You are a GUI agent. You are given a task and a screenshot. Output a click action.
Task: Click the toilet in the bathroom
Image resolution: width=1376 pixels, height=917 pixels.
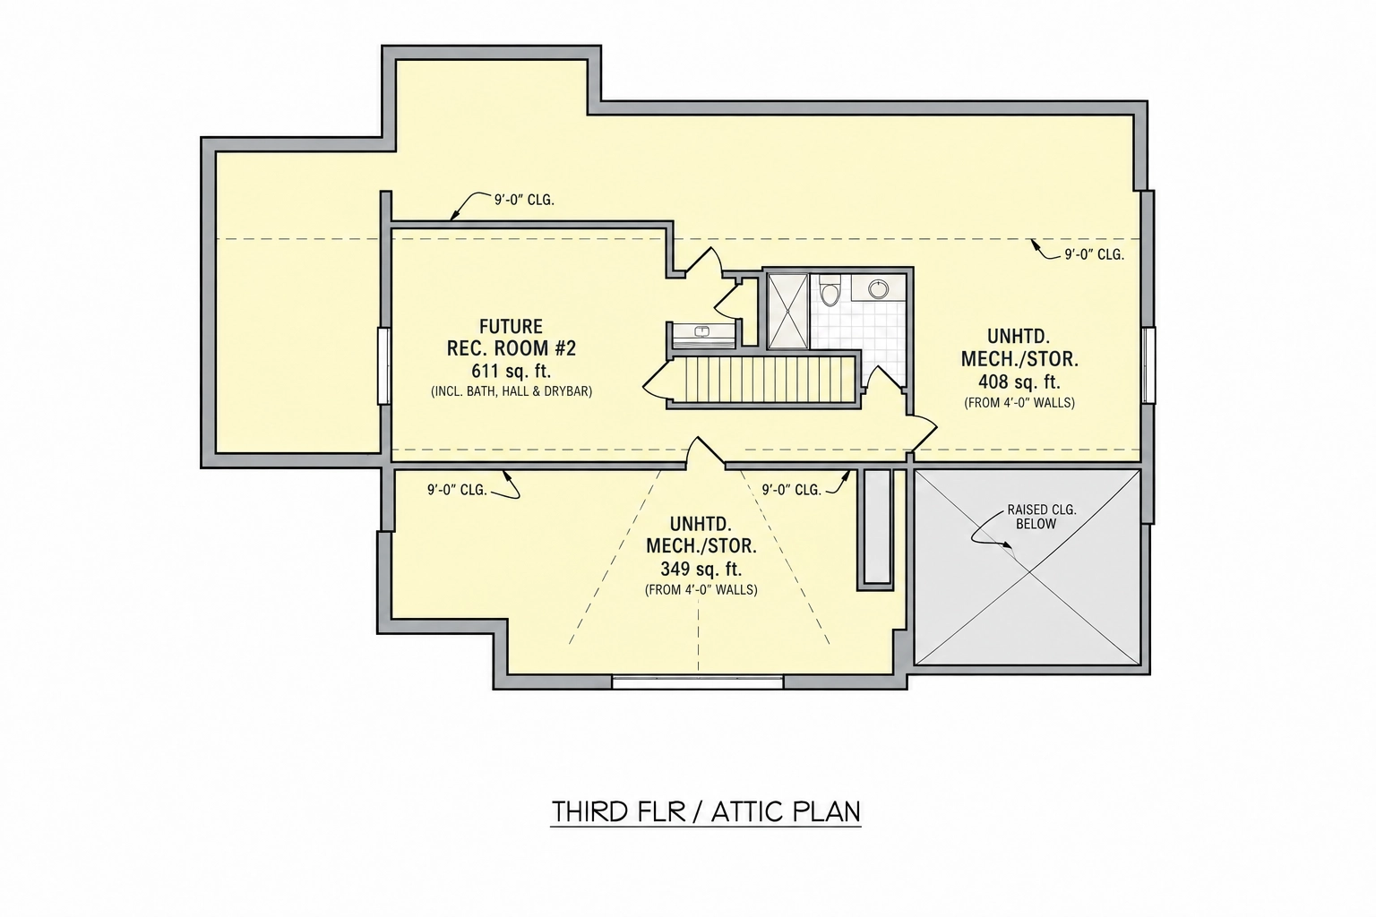point(830,293)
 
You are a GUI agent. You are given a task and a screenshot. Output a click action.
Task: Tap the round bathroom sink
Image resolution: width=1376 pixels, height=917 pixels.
point(879,288)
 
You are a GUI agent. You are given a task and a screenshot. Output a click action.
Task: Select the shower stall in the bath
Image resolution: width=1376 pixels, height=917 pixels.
point(788,311)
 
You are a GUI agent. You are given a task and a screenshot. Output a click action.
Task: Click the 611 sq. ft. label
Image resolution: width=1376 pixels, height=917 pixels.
point(512,371)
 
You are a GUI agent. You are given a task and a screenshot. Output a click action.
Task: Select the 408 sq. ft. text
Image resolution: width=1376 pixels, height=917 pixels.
point(1019,382)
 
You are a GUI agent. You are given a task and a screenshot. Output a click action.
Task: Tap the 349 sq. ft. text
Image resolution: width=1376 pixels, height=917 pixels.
point(701,569)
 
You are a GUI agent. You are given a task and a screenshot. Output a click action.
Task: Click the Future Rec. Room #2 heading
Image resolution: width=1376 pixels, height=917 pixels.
point(512,338)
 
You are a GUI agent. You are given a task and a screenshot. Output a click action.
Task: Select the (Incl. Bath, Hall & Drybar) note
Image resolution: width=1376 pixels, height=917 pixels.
point(512,391)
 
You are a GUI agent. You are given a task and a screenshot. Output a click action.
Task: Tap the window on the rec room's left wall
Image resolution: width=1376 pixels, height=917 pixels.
point(384,366)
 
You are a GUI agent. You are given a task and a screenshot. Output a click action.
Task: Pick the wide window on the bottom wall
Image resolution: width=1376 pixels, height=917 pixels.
point(698,681)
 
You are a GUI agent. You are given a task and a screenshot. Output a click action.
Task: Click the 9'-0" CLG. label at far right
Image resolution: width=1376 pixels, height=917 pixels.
point(1095,254)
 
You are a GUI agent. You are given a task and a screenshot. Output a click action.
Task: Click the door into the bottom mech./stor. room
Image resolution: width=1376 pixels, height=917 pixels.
point(705,452)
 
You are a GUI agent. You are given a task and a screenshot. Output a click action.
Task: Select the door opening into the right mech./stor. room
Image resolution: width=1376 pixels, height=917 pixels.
point(923,432)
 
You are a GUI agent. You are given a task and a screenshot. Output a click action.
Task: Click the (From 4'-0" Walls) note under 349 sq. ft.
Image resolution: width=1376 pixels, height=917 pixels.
point(701,589)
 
